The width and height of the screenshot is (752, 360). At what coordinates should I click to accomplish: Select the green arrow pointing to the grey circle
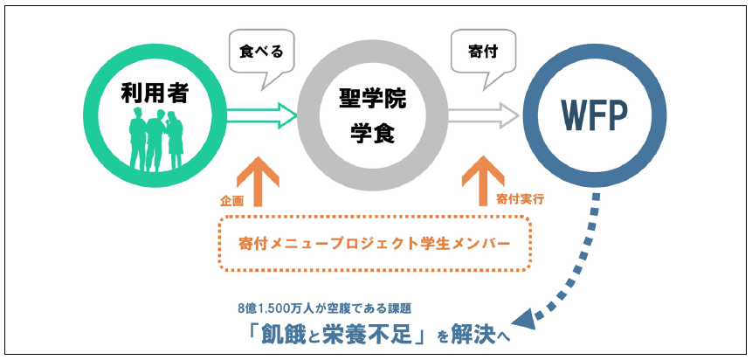262,114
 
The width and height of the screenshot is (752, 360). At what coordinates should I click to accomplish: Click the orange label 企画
231,200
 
